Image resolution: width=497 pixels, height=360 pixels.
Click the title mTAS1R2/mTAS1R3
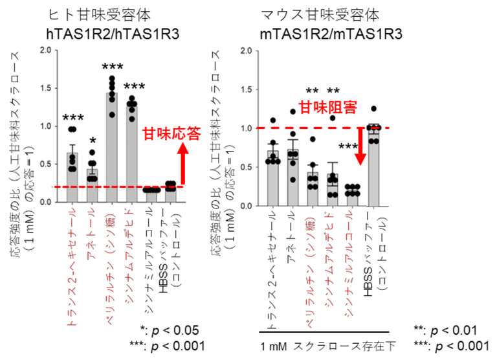332,33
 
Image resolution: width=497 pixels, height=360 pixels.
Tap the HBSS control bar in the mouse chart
373,166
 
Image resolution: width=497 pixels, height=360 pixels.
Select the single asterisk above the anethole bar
93,141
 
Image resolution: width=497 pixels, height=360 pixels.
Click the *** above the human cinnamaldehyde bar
134,87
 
